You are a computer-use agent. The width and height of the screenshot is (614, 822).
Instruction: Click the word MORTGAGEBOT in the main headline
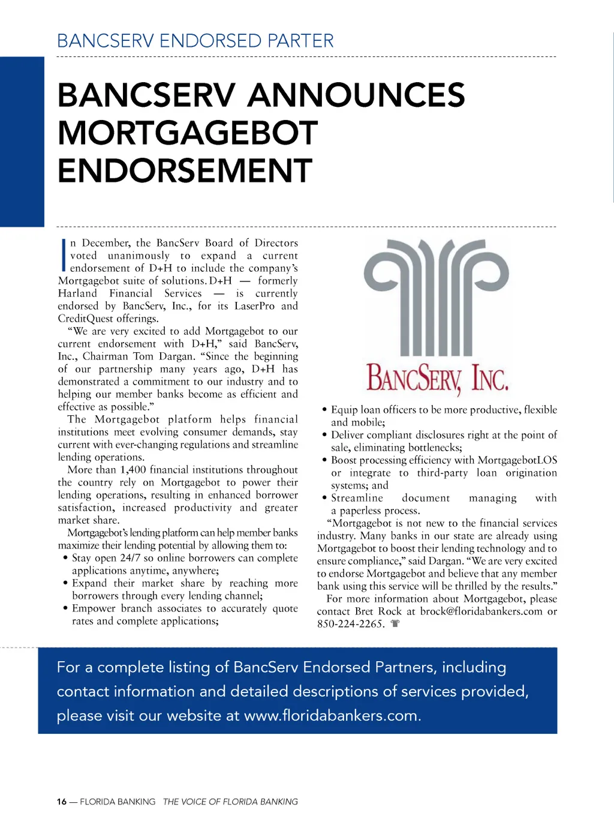(188, 133)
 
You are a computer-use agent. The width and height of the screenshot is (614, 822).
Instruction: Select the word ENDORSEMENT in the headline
(185, 170)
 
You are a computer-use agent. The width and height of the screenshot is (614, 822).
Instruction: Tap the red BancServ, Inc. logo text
(437, 378)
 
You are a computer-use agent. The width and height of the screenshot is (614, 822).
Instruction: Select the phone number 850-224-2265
(350, 624)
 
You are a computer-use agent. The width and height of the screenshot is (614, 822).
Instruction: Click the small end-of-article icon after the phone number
(395, 623)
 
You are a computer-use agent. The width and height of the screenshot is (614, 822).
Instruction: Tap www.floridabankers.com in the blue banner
(332, 716)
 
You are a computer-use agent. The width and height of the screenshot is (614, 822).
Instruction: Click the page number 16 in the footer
(62, 802)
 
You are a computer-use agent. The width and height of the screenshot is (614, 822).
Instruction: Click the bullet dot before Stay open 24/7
(65, 558)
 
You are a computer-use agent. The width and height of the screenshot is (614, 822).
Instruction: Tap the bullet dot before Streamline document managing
(324, 498)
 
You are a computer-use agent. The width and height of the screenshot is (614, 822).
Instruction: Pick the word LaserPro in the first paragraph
(254, 306)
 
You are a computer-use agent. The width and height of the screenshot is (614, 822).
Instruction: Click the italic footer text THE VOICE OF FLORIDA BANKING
(230, 802)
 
